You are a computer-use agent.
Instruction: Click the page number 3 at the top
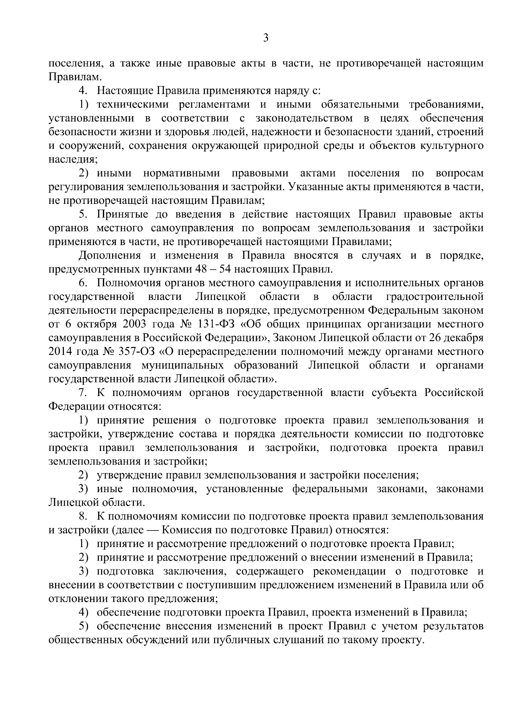(x=265, y=38)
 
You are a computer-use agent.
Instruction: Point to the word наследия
(x=72, y=159)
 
